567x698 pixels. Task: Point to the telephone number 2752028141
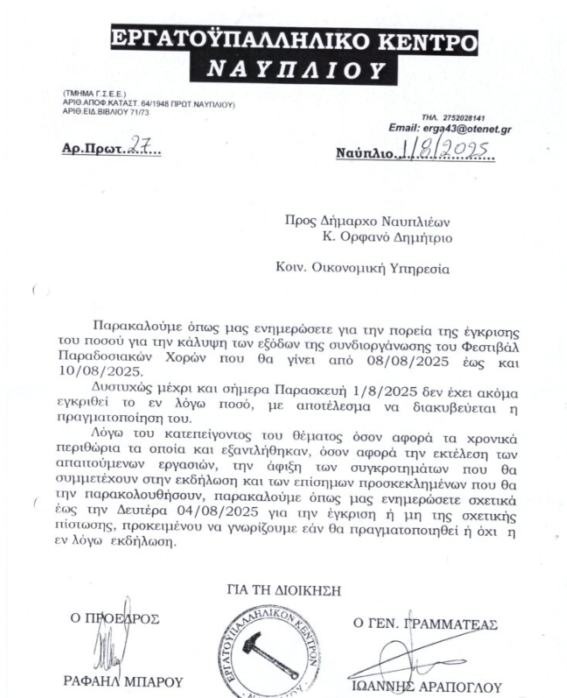(465, 116)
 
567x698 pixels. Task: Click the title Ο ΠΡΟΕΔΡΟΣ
(115, 619)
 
